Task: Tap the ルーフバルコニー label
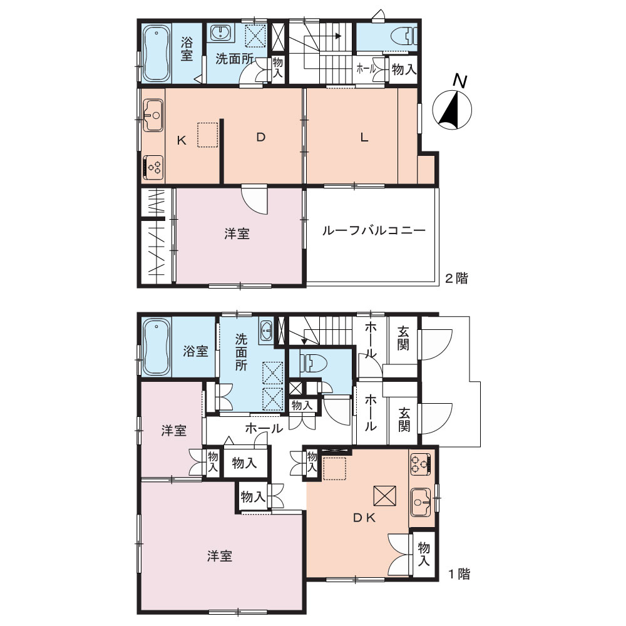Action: pyautogui.click(x=374, y=230)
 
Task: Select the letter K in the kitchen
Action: pyautogui.click(x=182, y=140)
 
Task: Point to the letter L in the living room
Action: pyautogui.click(x=364, y=138)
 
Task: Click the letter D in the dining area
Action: pyautogui.click(x=260, y=138)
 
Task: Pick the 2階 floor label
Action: pyautogui.click(x=456, y=279)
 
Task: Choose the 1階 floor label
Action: pyautogui.click(x=459, y=574)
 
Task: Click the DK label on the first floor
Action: pyautogui.click(x=364, y=518)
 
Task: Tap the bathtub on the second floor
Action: pyautogui.click(x=155, y=53)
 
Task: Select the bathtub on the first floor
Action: pyautogui.click(x=156, y=347)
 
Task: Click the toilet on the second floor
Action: pyautogui.click(x=409, y=36)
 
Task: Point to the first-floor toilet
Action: pyautogui.click(x=314, y=363)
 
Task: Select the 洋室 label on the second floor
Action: pyautogui.click(x=237, y=234)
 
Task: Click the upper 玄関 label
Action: pyautogui.click(x=403, y=339)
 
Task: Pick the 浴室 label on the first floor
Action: pyautogui.click(x=195, y=351)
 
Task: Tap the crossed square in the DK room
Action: pyautogui.click(x=384, y=496)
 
